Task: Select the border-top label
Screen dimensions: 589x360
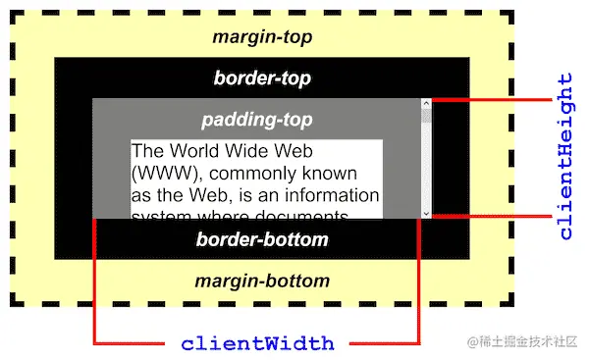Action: [x=262, y=77]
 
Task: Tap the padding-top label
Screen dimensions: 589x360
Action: [x=257, y=120]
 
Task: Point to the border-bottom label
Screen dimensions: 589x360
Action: [x=262, y=239]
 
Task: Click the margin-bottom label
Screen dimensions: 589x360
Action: [x=262, y=282]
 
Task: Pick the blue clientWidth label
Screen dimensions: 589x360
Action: [x=257, y=344]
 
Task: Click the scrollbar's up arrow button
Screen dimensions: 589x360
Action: [x=426, y=103]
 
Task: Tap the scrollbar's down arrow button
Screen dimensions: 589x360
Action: [x=426, y=213]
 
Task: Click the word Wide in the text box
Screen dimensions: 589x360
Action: [x=246, y=152]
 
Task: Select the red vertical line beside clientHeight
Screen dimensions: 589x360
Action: [x=548, y=157]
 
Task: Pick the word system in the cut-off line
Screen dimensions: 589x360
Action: [x=161, y=215]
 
